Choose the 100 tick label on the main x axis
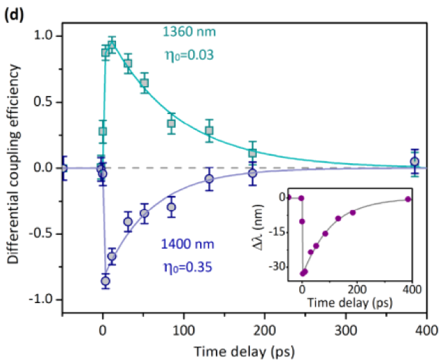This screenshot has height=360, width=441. pyautogui.click(x=184, y=325)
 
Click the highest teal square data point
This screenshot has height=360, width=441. pyautogui.click(x=112, y=45)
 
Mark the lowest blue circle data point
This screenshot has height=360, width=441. pyautogui.click(x=106, y=281)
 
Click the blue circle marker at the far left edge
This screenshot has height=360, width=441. pyautogui.click(x=63, y=167)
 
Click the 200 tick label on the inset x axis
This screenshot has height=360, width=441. pyautogui.click(x=357, y=288)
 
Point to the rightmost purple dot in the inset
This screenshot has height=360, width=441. pyautogui.click(x=408, y=199)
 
